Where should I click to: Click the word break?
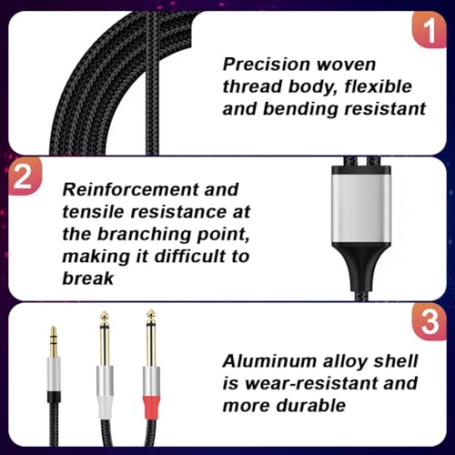[88, 278]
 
